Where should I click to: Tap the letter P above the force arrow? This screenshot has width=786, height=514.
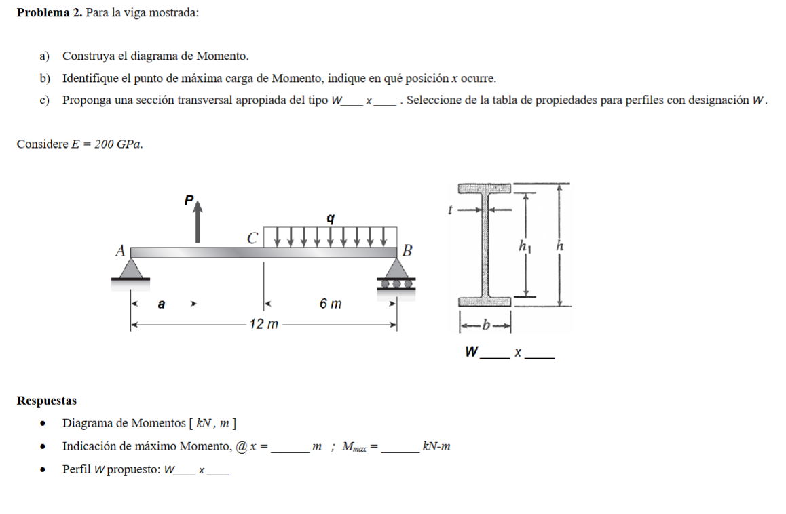[189, 200]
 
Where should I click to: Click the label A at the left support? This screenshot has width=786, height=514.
[119, 251]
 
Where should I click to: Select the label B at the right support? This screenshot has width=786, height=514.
[407, 250]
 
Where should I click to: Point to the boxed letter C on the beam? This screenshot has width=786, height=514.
[252, 239]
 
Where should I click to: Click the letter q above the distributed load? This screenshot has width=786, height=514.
[331, 218]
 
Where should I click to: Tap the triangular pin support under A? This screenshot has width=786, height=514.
[132, 269]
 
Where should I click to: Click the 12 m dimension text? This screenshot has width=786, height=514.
[263, 325]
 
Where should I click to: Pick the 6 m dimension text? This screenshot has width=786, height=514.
[331, 304]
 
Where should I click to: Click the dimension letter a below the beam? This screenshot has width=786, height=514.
[161, 304]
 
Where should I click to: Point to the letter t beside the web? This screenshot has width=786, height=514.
[449, 210]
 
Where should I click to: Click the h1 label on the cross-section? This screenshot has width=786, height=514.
[525, 248]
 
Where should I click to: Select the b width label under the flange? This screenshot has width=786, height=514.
[485, 326]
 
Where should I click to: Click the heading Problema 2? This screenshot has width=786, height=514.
[50, 13]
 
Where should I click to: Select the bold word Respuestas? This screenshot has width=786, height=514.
[47, 401]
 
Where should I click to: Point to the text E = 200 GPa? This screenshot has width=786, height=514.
[107, 144]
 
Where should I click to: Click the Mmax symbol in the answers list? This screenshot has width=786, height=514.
[354, 447]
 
